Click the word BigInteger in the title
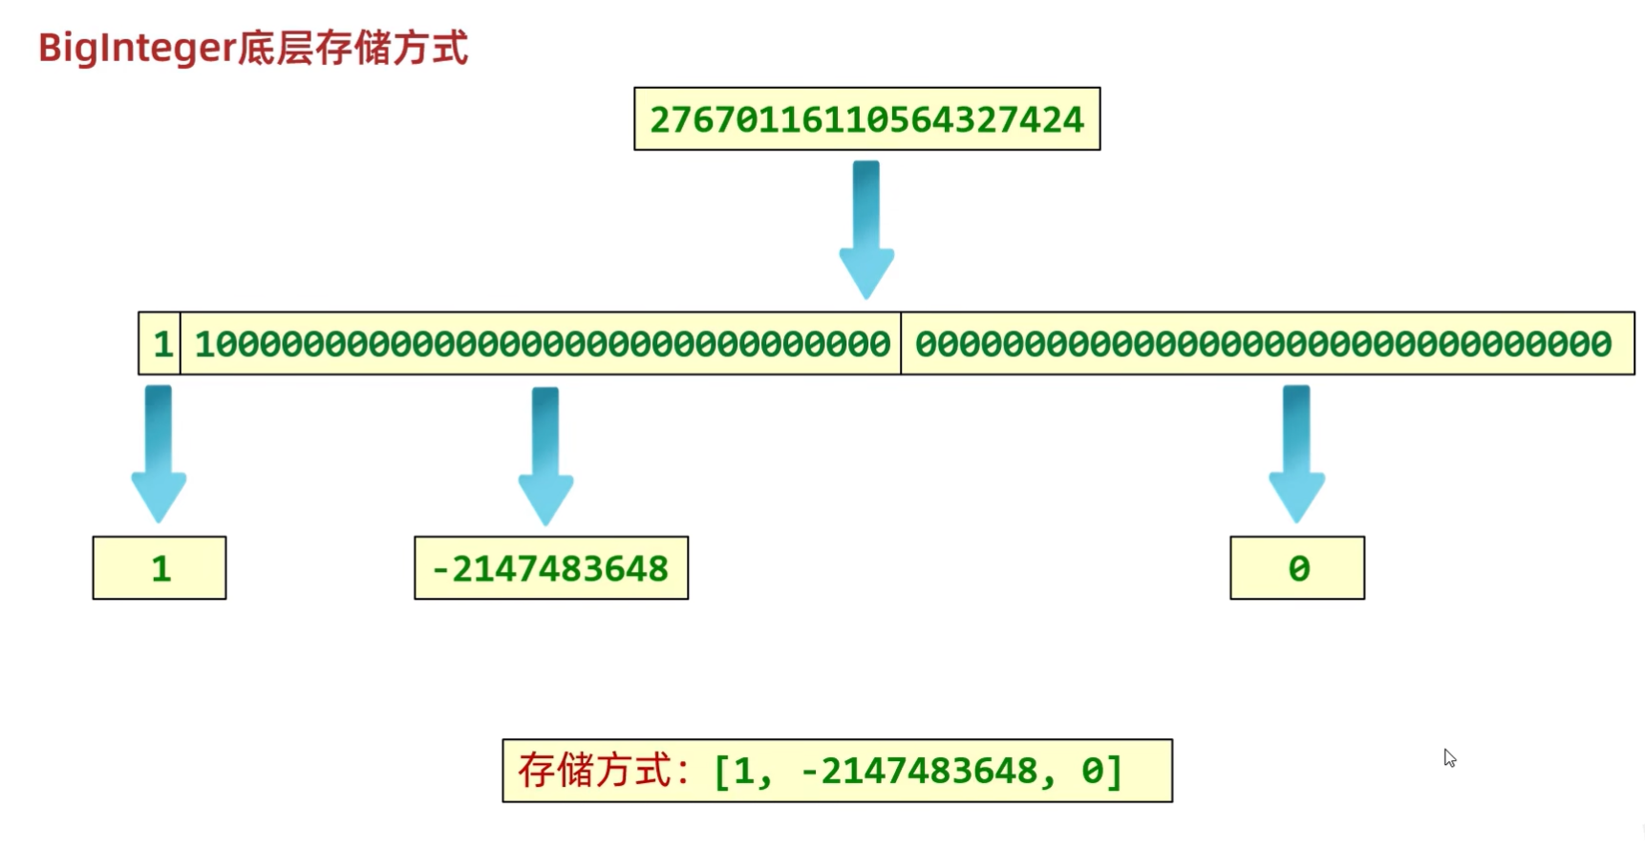click(x=136, y=48)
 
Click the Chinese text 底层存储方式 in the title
click(x=352, y=48)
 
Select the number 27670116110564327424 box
click(x=866, y=119)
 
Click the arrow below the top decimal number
click(x=866, y=229)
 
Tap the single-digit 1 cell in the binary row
click(x=161, y=344)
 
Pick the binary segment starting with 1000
click(x=542, y=344)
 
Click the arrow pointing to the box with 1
click(x=159, y=454)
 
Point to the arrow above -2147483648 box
click(x=545, y=456)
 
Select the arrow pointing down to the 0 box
click(x=1296, y=454)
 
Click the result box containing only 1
click(x=160, y=568)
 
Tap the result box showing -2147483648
click(x=551, y=568)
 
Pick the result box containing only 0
click(x=1297, y=568)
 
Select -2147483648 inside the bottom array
click(x=918, y=771)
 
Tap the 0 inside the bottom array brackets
click(x=1092, y=771)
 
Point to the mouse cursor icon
click(x=1449, y=758)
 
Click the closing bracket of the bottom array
click(x=1115, y=771)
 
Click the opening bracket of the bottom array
click(x=722, y=771)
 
